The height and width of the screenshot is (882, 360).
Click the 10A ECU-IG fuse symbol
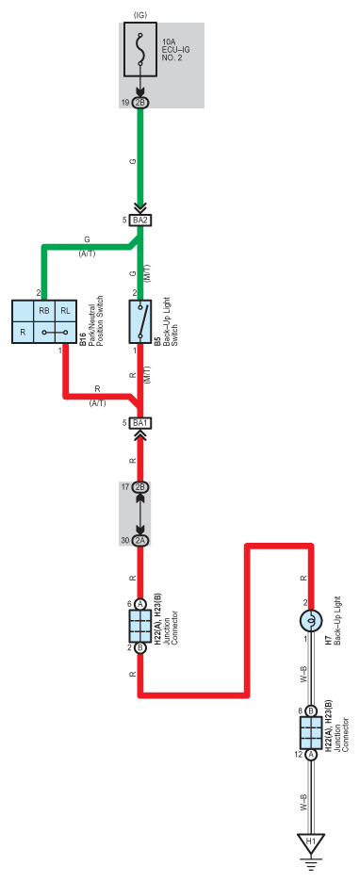coord(140,50)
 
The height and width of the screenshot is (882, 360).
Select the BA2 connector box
coord(140,220)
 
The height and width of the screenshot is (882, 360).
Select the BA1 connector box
coord(140,422)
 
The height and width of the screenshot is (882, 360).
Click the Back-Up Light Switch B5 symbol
coord(140,321)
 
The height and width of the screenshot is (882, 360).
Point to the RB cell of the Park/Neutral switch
coord(44,311)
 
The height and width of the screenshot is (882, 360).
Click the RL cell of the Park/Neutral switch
coord(66,311)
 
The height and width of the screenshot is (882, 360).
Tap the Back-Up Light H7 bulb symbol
coord(310,621)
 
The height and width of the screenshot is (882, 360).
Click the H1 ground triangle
coord(310,842)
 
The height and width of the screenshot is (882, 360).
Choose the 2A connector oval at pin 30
coord(140,541)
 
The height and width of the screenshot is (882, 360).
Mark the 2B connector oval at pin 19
coord(140,103)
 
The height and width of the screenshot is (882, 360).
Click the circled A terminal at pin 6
coord(140,604)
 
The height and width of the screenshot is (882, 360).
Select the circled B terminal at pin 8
coord(310,710)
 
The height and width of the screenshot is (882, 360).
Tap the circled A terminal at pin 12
coord(310,754)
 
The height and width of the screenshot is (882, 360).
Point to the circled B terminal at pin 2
coord(140,647)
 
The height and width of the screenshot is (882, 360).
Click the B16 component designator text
coord(83,339)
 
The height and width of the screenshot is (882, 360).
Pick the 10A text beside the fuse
coord(168,41)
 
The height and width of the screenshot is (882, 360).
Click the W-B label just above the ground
coord(303,803)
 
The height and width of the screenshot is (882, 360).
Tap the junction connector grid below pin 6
coord(140,626)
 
